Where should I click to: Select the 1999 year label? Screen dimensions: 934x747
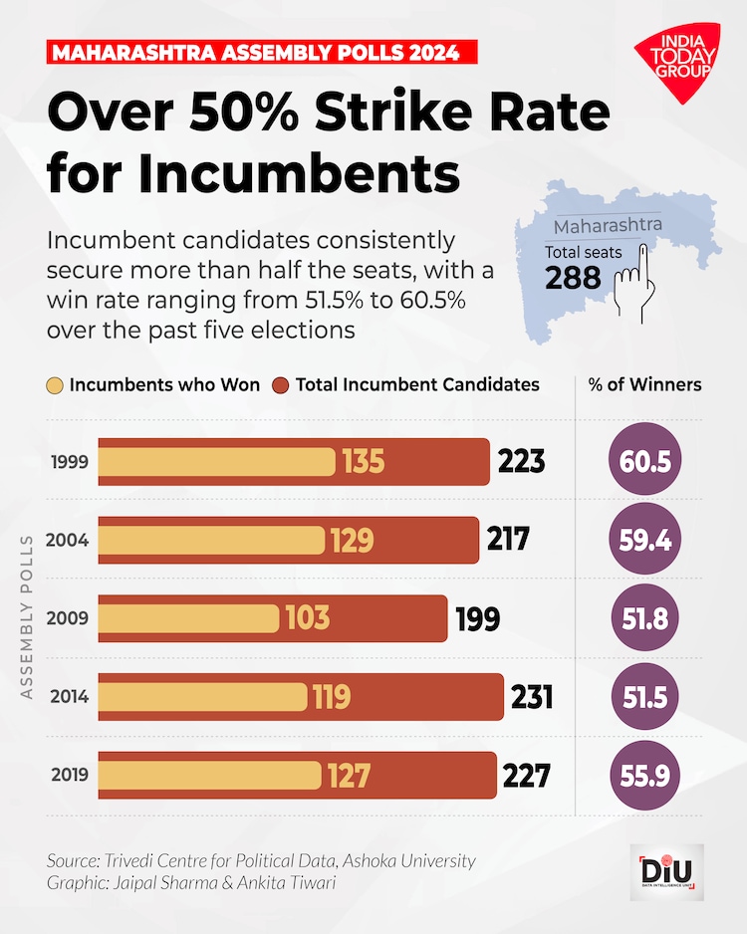coord(73,462)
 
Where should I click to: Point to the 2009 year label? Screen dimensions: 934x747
coord(73,618)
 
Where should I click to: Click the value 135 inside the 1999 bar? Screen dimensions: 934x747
coord(363,462)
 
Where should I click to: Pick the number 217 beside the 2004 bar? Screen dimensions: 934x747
coord(508,540)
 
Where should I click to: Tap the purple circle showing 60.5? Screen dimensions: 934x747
coord(644,462)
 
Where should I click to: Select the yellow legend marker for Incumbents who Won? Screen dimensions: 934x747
coord(55,385)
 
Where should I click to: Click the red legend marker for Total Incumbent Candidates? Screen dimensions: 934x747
coord(281,385)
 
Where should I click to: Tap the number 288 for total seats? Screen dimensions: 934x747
coord(573,277)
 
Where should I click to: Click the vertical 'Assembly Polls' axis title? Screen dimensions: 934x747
coord(27,617)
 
